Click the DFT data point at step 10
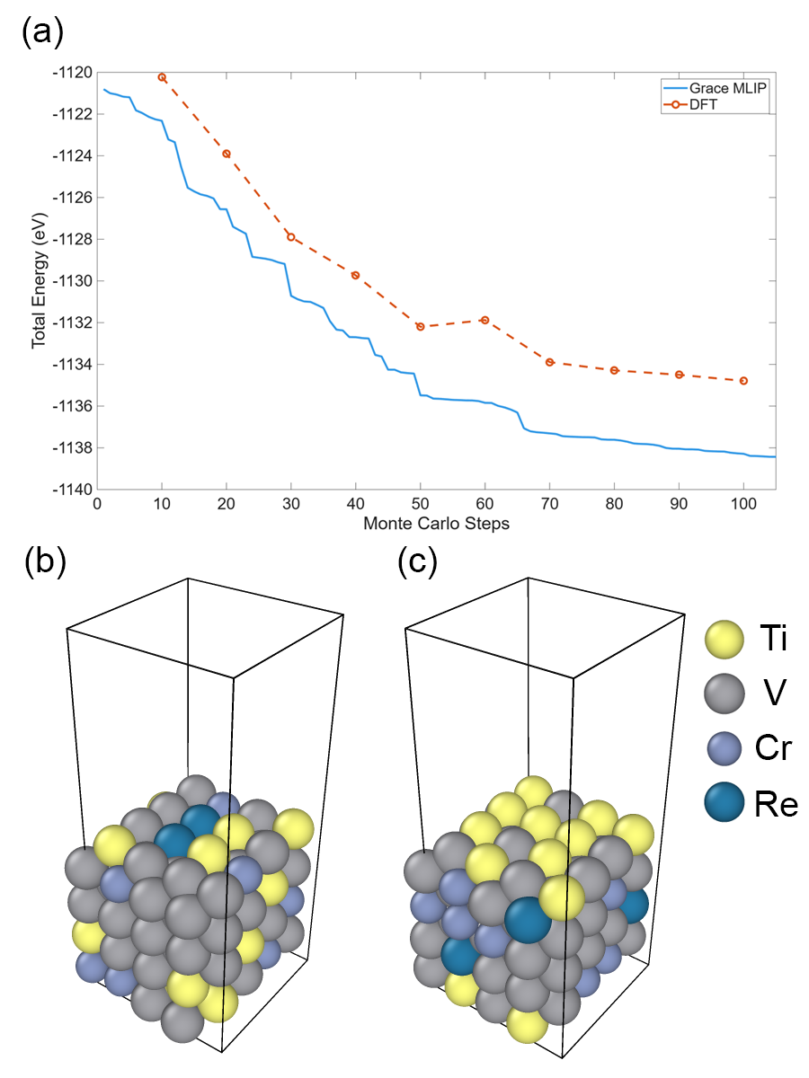click(162, 77)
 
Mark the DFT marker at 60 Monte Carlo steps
click(485, 320)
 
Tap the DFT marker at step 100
click(744, 381)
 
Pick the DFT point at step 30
click(291, 237)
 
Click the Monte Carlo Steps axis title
click(437, 523)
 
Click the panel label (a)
click(41, 33)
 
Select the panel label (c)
click(418, 563)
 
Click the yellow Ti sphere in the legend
click(725, 640)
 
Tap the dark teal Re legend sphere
click(725, 800)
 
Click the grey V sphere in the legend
click(725, 694)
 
